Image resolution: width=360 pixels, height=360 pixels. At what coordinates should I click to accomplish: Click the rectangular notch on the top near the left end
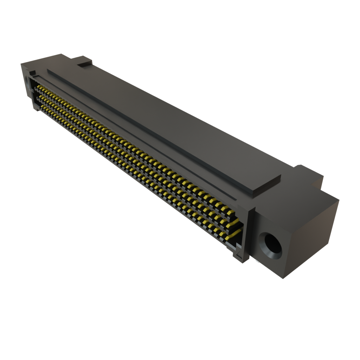coord(84,64)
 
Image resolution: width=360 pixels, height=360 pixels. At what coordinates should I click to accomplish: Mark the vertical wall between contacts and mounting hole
coord(250,232)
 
